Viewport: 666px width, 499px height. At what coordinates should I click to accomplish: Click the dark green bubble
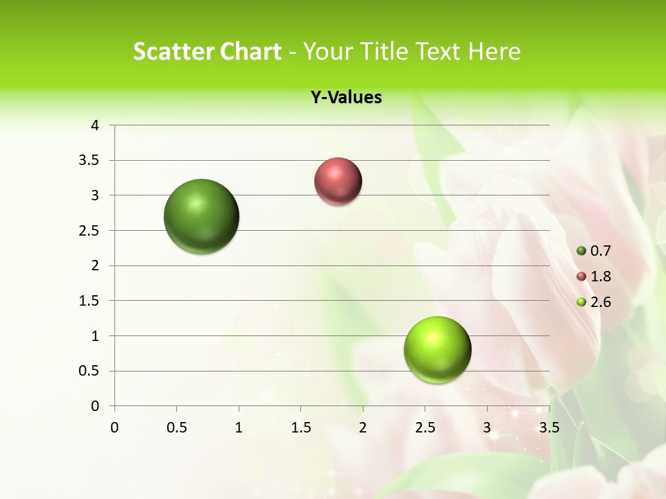[202, 216]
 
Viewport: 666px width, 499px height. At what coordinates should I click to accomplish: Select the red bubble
[338, 182]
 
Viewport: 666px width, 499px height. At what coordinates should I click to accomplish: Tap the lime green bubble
[437, 350]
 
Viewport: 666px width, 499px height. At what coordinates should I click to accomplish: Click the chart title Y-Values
[346, 98]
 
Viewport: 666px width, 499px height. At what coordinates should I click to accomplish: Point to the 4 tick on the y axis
[96, 125]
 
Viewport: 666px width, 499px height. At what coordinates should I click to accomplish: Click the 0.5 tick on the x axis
[176, 428]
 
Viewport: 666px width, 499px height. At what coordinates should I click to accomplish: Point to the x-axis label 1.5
[300, 428]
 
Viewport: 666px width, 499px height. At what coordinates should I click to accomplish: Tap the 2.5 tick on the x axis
[425, 428]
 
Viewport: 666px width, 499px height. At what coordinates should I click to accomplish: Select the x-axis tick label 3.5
[549, 428]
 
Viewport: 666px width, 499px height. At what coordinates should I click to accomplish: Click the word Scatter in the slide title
[170, 51]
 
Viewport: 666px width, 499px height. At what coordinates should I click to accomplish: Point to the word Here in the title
[493, 51]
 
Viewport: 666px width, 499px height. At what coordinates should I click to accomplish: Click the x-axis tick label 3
[486, 428]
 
